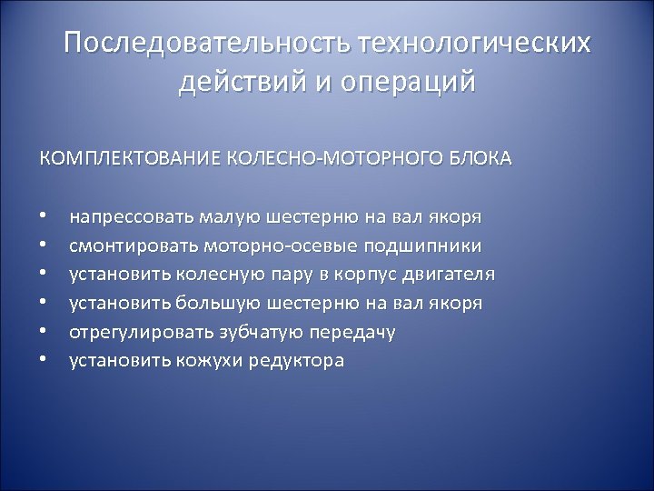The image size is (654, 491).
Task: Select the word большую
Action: (225, 303)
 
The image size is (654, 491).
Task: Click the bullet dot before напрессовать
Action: (42, 218)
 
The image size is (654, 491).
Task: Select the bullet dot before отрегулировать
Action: (42, 332)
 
